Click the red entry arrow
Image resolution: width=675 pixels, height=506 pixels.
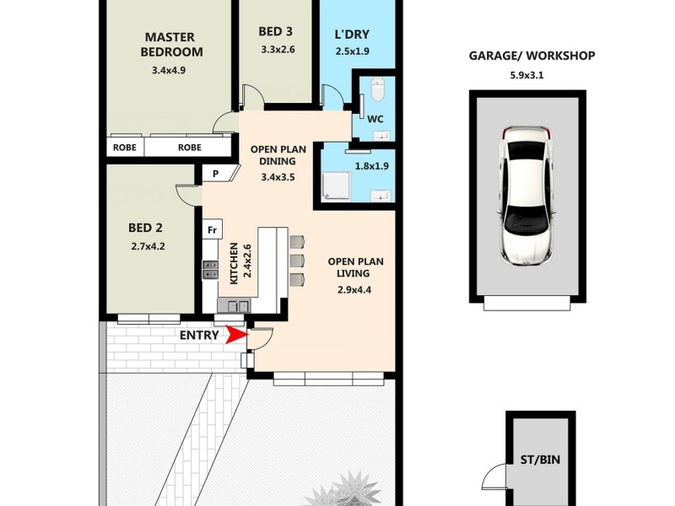tap(237, 336)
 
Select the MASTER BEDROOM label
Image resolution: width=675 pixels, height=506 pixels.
tap(171, 44)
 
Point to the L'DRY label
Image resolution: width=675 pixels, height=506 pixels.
tap(352, 37)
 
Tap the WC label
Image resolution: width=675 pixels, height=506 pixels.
tap(375, 118)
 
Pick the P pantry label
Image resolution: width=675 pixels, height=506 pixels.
tap(216, 174)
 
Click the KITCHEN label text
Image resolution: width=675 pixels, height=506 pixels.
tap(235, 261)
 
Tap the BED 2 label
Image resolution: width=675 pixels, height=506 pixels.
tap(145, 228)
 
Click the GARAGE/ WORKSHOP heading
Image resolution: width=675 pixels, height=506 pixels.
tap(532, 57)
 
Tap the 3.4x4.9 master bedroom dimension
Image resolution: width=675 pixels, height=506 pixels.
tap(169, 71)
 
